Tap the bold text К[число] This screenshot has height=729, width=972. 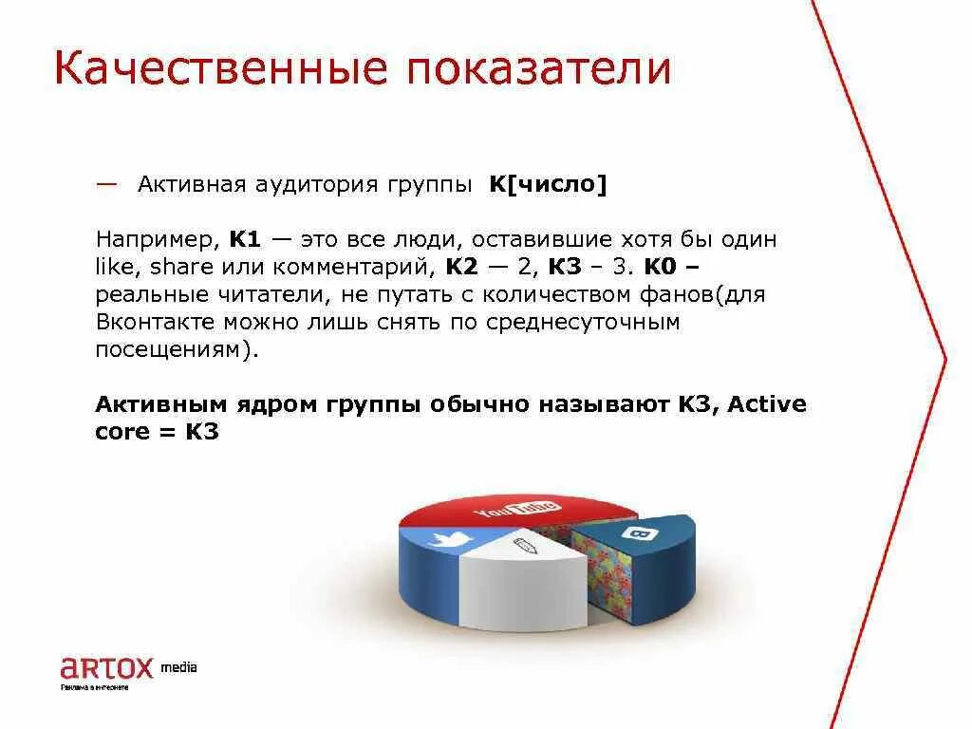pos(547,184)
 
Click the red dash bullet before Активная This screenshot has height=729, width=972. pos(107,182)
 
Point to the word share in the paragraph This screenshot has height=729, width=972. pos(181,267)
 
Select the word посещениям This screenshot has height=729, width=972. pos(171,349)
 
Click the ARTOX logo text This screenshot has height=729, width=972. pos(105,668)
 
